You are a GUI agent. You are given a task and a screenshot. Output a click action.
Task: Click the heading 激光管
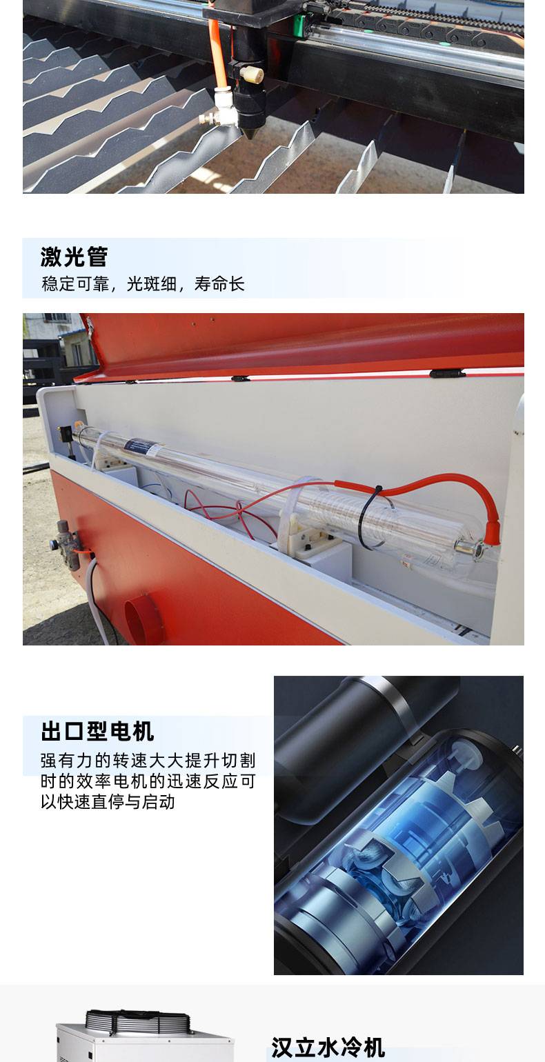coord(74,257)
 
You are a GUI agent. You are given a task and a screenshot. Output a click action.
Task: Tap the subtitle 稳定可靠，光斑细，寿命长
coord(143,284)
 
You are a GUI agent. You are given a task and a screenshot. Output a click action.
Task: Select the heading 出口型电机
coord(97,730)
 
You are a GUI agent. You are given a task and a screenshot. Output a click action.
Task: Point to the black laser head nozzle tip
coord(248,131)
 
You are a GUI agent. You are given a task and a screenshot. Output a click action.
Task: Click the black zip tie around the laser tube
coord(368,517)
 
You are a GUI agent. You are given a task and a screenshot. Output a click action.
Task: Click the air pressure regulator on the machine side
coord(67,545)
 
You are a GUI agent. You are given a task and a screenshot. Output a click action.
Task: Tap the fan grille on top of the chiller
coord(137,1021)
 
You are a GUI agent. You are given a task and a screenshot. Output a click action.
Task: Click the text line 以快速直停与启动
coord(108,802)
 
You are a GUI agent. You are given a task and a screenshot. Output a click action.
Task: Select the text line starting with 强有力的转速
coord(148,760)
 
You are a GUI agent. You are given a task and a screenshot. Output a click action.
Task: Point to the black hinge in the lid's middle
coord(240,379)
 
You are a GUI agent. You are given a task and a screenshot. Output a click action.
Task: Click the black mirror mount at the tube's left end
coord(66,434)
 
